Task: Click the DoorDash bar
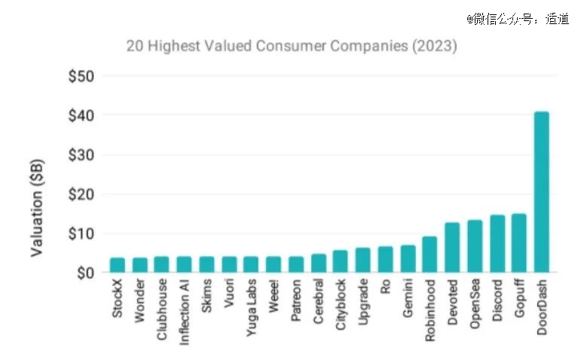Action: pos(542,192)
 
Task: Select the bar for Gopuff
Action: pos(519,243)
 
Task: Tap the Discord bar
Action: pos(497,244)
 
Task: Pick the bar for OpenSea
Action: pos(475,246)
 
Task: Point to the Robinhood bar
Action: pos(430,255)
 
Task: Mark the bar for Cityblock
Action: pos(341,261)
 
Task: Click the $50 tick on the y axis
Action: pos(81,77)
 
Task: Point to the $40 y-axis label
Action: pos(81,116)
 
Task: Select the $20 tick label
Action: pos(81,194)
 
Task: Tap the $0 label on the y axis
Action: pos(84,273)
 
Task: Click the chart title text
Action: pos(292,46)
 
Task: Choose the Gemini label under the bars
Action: pos(408,301)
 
